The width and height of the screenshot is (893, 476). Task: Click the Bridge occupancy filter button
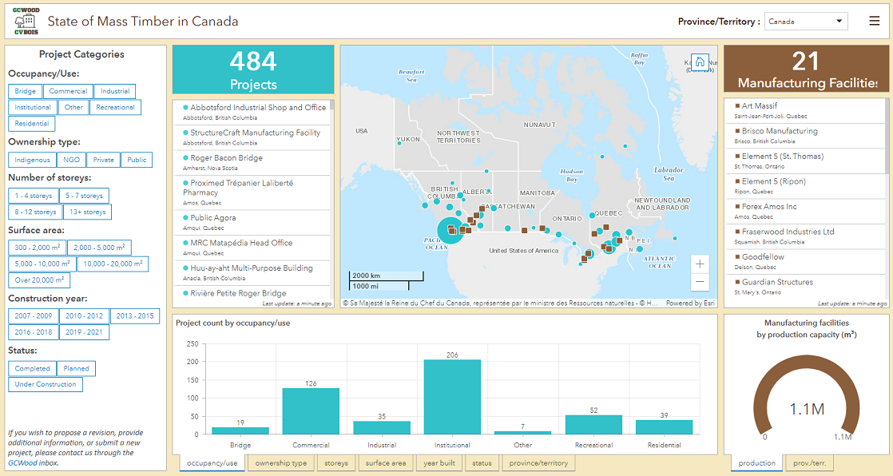point(25,91)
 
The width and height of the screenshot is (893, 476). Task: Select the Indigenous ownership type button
point(33,160)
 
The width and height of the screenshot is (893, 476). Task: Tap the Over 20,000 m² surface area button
point(39,280)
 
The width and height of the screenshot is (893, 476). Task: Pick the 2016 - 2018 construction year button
point(32,331)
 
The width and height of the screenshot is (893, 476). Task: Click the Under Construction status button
point(46,384)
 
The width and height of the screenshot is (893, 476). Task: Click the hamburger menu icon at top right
point(874,22)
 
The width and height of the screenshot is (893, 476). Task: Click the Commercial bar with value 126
point(311,411)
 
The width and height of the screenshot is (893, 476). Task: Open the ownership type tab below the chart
point(280,462)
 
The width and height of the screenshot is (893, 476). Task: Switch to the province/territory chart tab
point(538,462)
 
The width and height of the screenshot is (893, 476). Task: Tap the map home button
point(700,62)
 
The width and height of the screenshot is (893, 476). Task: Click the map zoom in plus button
point(700,264)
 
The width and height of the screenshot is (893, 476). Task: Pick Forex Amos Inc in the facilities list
point(768,207)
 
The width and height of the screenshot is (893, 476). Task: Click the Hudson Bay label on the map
point(571,175)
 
